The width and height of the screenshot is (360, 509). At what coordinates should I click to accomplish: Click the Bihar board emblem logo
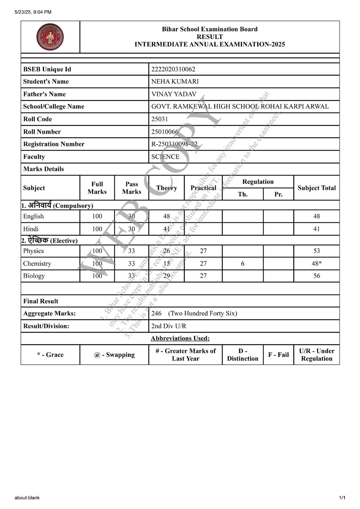50,37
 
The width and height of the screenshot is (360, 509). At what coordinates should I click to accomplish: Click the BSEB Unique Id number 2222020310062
173,69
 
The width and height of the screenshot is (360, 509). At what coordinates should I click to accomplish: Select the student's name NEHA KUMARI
175,82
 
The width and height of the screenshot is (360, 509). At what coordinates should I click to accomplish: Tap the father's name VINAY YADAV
174,94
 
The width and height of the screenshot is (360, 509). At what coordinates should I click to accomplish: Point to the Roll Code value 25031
159,119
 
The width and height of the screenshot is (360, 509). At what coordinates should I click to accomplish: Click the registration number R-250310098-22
174,144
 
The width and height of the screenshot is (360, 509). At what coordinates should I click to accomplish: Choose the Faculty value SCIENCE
165,156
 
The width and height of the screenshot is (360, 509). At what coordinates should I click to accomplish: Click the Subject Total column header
316,188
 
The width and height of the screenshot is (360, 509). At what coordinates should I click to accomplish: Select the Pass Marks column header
131,188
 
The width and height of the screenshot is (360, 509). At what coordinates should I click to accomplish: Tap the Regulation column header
258,182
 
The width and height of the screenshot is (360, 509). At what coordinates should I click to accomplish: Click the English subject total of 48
316,216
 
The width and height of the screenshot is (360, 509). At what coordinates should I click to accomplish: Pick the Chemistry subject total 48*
316,263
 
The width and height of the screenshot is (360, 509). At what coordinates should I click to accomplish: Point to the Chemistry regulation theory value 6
243,263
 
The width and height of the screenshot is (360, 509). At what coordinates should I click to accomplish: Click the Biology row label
34,276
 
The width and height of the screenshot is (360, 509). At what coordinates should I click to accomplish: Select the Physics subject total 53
316,251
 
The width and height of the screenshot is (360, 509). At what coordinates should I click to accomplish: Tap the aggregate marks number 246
156,313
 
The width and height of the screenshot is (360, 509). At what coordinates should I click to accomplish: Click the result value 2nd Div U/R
168,326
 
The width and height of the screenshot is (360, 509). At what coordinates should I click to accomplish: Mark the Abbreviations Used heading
180,338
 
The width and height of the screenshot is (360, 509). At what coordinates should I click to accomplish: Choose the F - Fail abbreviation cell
278,355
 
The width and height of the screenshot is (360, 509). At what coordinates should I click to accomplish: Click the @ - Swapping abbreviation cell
114,355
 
